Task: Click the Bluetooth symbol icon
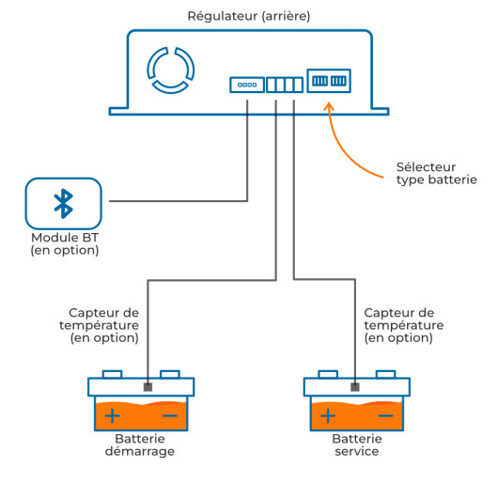(x=64, y=204)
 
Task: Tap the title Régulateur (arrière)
(x=249, y=16)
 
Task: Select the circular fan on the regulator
(x=171, y=70)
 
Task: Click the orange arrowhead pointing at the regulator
(x=329, y=107)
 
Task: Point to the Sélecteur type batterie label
(x=437, y=174)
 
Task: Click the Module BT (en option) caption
(x=65, y=244)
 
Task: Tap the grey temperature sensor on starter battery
(x=148, y=387)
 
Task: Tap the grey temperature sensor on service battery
(x=355, y=387)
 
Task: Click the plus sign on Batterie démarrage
(x=112, y=415)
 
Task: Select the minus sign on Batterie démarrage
(x=170, y=415)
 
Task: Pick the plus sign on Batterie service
(x=328, y=415)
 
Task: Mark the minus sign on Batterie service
(x=386, y=415)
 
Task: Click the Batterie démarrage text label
(x=140, y=445)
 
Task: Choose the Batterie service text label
(x=357, y=445)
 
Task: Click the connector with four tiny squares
(x=247, y=85)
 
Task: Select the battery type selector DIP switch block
(x=329, y=81)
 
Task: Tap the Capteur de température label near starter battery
(x=100, y=325)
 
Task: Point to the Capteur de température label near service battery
(x=404, y=325)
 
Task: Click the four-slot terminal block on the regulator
(x=285, y=85)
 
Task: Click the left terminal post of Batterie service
(x=328, y=374)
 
